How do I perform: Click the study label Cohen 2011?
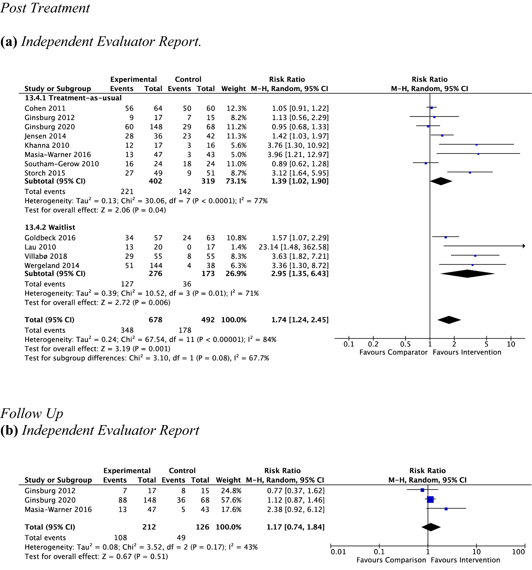click(45, 108)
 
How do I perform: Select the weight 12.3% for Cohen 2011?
click(236, 108)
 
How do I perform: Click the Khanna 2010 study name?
click(47, 145)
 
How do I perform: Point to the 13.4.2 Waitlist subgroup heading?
click(50, 227)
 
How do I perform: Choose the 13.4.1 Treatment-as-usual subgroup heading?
click(73, 98)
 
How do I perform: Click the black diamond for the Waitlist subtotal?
click(467, 274)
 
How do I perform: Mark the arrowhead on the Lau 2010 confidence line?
click(524, 246)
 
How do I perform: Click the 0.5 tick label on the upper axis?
click(405, 344)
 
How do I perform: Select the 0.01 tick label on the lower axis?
click(338, 552)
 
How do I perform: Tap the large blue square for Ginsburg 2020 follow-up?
click(430, 500)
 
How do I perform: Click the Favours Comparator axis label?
click(393, 352)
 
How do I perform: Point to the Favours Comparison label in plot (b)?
click(391, 560)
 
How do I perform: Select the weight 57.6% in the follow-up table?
click(231, 500)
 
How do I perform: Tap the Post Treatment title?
click(45, 8)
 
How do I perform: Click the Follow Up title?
click(32, 413)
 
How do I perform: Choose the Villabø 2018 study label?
click(46, 256)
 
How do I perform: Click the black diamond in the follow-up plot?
click(431, 527)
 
